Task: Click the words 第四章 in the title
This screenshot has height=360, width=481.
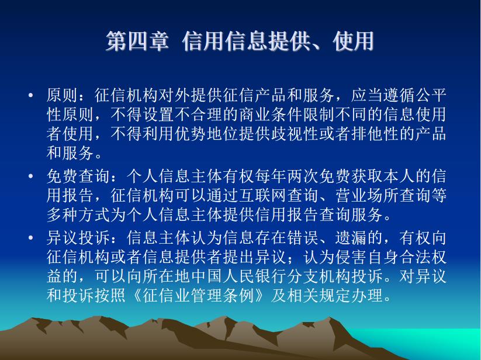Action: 137,41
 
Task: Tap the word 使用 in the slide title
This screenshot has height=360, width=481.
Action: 353,41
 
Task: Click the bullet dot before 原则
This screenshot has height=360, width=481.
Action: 30,95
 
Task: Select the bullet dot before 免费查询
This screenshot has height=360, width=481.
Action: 30,176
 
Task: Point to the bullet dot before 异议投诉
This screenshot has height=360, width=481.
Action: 30,238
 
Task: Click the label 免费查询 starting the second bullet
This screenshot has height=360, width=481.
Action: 78,176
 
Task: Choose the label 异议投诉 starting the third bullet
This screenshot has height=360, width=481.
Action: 78,238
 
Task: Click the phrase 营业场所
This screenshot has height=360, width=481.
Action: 367,196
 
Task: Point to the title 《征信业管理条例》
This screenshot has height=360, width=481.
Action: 199,296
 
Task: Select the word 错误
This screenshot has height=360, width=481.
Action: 303,238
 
